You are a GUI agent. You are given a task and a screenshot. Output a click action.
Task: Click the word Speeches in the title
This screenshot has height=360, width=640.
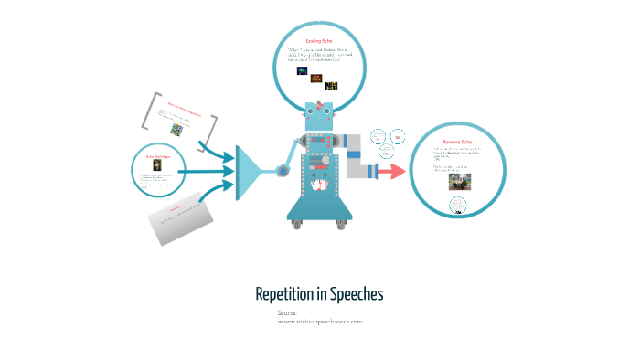tap(356, 294)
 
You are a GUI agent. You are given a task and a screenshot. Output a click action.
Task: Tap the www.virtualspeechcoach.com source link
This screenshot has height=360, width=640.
tap(320, 322)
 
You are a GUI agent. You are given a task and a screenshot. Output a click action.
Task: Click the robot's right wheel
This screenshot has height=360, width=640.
tap(345, 224)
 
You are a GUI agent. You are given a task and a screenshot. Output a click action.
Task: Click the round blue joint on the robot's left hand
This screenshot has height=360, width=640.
tap(283, 170)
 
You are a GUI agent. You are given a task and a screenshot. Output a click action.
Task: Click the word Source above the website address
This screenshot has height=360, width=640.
tap(287, 313)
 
